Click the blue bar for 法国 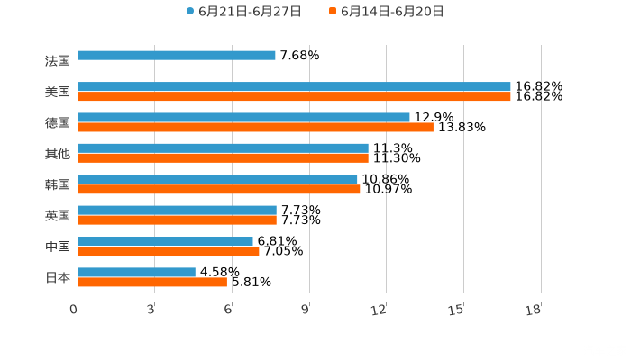click(x=177, y=56)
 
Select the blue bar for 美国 click(x=294, y=87)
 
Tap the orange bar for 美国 click(x=294, y=96)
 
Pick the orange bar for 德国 click(x=255, y=127)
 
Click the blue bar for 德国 click(x=243, y=117)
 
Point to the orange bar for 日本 click(x=152, y=282)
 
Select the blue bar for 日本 click(x=136, y=272)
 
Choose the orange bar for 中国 click(x=169, y=251)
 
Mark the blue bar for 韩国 click(x=217, y=179)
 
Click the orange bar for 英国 click(x=177, y=220)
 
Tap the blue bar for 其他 click(x=223, y=148)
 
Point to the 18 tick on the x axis click(x=534, y=310)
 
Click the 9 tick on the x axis click(x=306, y=310)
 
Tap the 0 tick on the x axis click(x=74, y=310)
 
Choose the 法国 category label click(x=58, y=61)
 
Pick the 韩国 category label click(x=58, y=184)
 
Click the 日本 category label click(x=58, y=277)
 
